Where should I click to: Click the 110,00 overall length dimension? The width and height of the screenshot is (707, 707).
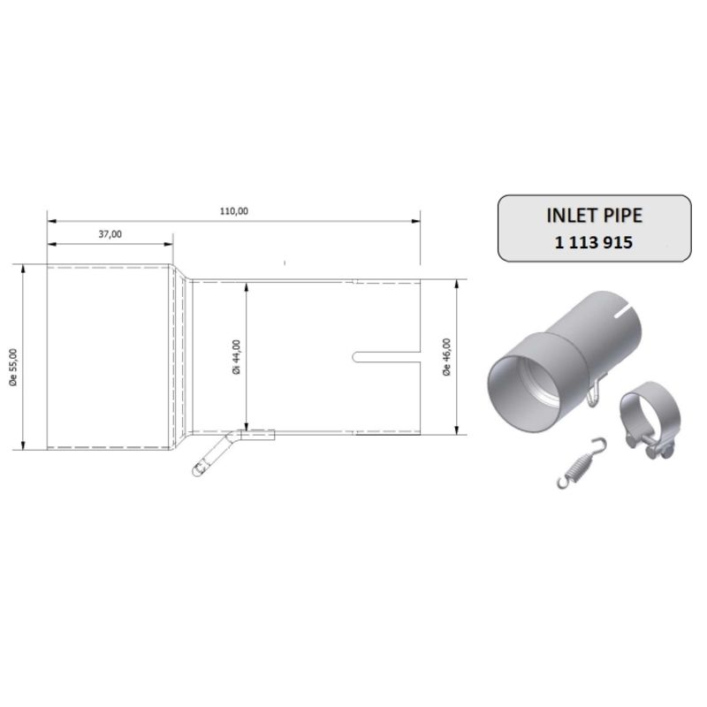tap(234, 210)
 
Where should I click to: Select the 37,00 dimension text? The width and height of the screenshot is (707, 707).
tap(110, 233)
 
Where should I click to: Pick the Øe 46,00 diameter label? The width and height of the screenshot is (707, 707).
tap(447, 357)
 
